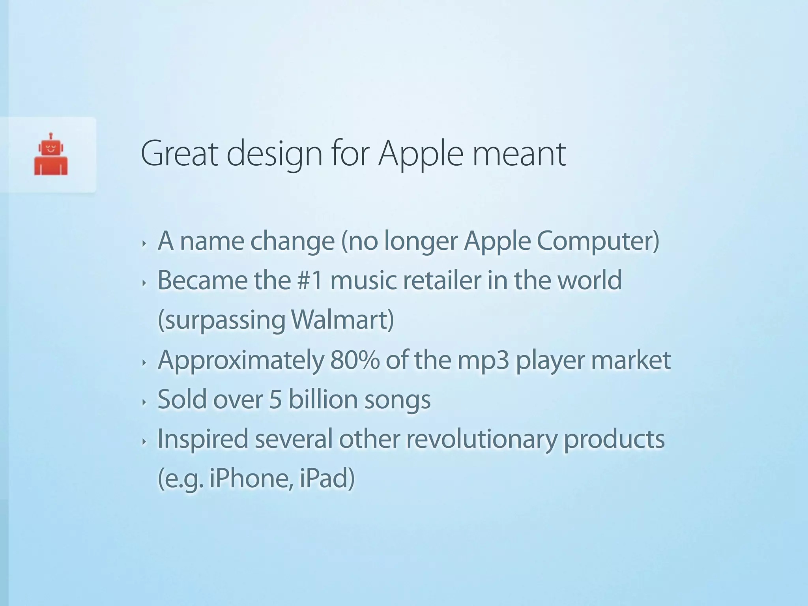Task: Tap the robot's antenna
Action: coord(51,136)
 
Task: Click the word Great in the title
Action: coord(179,154)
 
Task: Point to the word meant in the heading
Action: coord(519,154)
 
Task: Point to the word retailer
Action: coord(442,280)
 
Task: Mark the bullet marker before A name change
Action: coord(144,243)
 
